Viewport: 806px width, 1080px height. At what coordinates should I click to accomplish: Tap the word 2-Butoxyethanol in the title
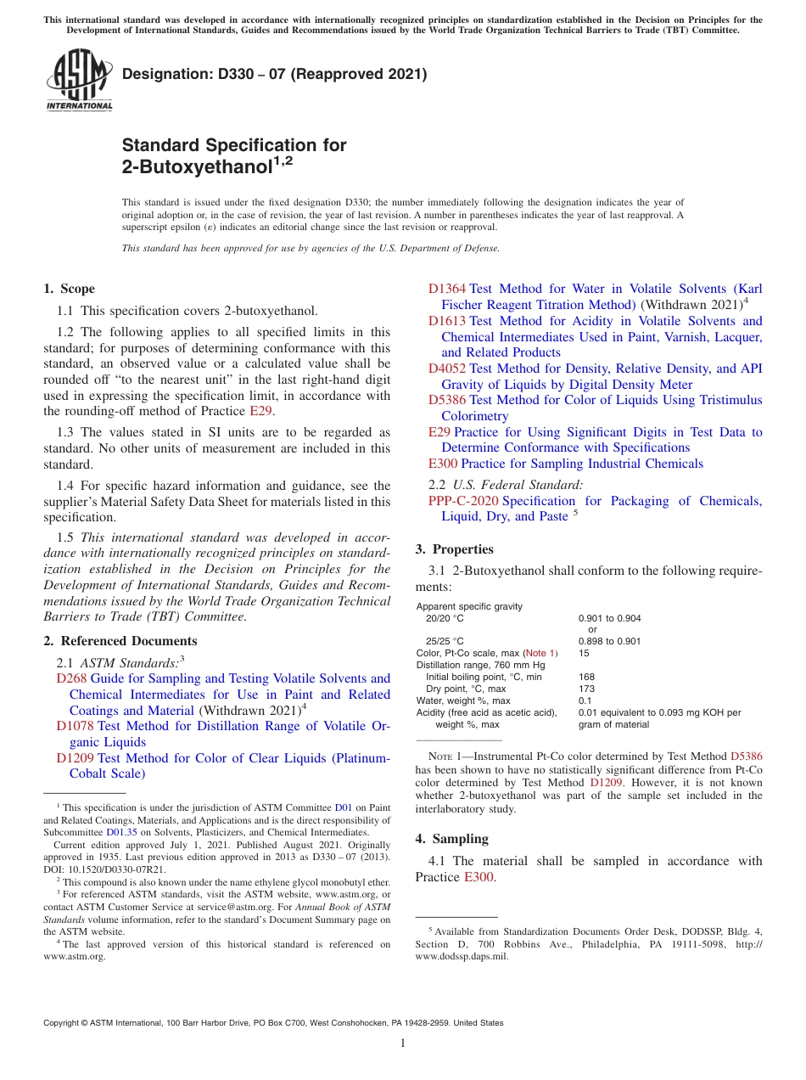pos(197,167)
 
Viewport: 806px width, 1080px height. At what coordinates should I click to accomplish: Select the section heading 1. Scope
pos(70,289)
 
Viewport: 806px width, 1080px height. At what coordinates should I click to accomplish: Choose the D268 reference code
pos(71,678)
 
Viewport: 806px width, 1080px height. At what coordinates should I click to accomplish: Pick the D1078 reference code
pos(75,726)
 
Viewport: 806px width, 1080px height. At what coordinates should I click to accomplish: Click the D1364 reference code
pos(447,289)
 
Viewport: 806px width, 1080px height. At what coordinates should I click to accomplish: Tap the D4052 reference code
pos(447,368)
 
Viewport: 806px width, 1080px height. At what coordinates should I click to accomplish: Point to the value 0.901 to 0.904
pos(609,619)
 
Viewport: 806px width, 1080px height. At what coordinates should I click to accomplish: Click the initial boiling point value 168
pos(586,678)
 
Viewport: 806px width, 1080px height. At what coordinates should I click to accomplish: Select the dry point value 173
pos(586,689)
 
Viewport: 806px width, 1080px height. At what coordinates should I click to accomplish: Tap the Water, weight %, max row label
pos(463,701)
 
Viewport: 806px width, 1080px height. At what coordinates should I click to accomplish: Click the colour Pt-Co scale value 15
pos(584,654)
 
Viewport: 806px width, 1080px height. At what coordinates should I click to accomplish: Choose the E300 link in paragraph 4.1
pos(479,877)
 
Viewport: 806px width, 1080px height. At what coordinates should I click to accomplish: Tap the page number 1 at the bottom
pos(403,1044)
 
